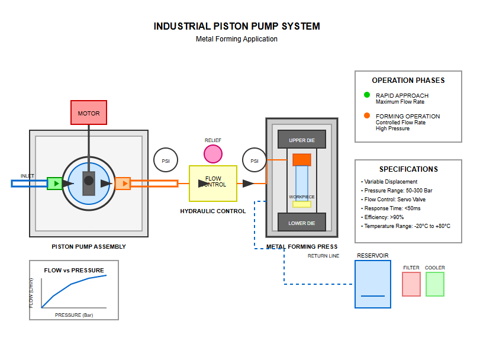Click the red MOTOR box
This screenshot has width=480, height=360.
[89, 112]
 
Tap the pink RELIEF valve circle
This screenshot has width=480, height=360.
[213, 154]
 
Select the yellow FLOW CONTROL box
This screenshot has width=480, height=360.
[213, 184]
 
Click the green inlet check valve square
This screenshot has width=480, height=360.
[54, 184]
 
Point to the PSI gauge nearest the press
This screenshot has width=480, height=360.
[255, 160]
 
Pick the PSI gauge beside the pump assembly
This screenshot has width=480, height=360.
[166, 160]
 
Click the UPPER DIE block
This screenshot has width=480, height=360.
[302, 140]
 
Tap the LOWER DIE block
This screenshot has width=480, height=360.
[302, 223]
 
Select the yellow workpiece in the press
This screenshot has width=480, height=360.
[302, 204]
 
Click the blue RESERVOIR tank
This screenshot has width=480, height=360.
[373, 284]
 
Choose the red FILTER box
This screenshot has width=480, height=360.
[411, 284]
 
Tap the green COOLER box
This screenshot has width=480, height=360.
[435, 284]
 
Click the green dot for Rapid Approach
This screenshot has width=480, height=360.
[367, 95]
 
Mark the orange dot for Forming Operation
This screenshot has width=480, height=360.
[367, 116]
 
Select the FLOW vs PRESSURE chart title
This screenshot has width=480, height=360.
[74, 271]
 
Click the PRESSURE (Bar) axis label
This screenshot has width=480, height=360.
[74, 315]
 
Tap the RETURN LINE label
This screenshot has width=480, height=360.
[323, 256]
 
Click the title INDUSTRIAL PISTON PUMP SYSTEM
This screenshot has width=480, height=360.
[237, 27]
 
